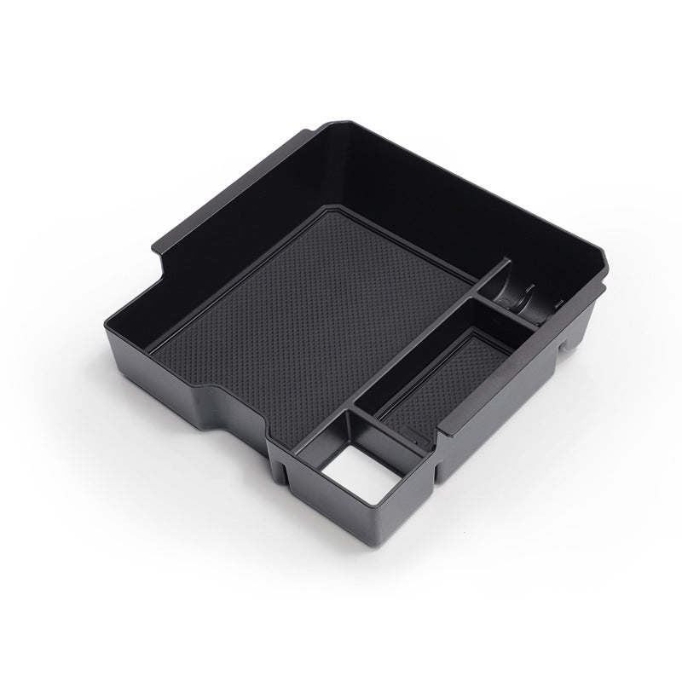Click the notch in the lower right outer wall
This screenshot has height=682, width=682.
pyautogui.click(x=564, y=346)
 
